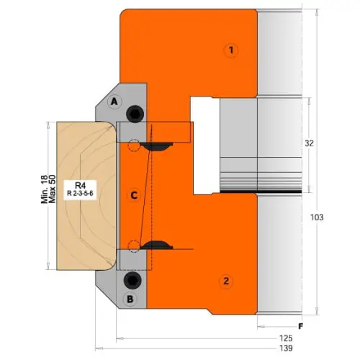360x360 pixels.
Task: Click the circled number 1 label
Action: [x=230, y=50]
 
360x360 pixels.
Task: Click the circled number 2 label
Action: [x=226, y=280]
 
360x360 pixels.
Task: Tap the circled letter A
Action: [x=113, y=103]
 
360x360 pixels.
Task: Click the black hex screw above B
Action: [x=133, y=279]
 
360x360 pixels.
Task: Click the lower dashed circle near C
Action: [x=131, y=243]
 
